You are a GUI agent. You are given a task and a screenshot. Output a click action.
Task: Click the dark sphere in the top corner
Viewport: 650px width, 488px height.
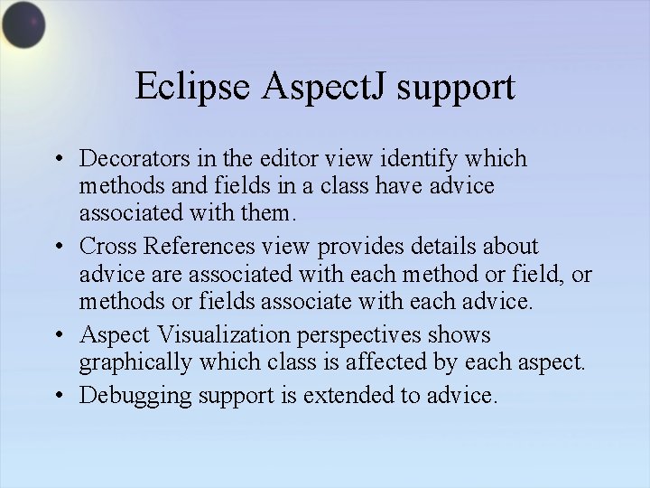(23, 25)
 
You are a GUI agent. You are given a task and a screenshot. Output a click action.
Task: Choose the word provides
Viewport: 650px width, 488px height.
(366, 247)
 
